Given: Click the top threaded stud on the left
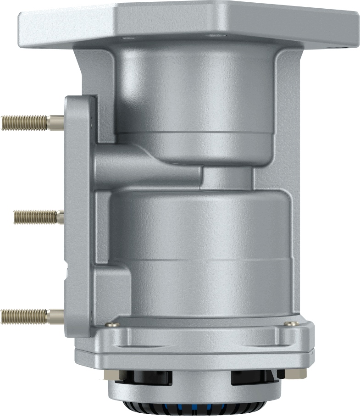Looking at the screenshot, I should [25, 122].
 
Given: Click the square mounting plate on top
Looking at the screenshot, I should [188, 23].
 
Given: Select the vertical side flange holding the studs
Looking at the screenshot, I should [78, 216].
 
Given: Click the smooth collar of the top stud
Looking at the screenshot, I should [56, 122].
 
